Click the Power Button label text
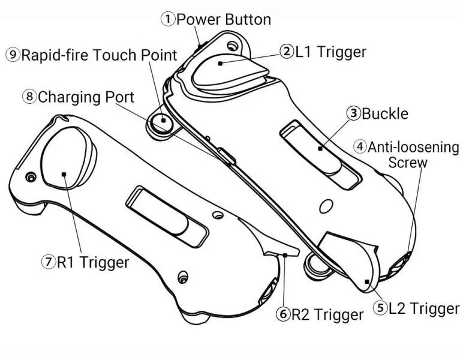pos(223,19)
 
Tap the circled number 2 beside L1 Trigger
pos(285,51)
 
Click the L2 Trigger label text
pos(423,308)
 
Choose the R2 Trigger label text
pos(327,314)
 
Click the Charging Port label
pos(86,97)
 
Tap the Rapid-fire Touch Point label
pos(100,55)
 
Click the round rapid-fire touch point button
pos(161,121)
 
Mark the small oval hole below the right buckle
pos(326,207)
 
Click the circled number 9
pos(13,55)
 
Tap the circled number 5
pos(380,308)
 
